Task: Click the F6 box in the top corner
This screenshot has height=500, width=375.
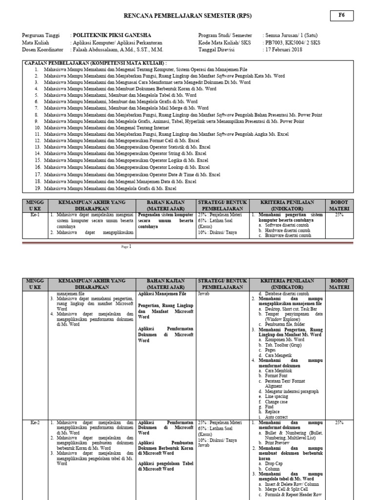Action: pos(341,16)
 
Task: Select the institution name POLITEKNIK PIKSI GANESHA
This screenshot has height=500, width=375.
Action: pos(112,36)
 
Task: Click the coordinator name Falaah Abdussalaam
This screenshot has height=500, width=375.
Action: pos(118,49)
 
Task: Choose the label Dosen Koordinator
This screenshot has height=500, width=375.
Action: pos(43,49)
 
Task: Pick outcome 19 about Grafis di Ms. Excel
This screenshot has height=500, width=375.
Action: pos(110,188)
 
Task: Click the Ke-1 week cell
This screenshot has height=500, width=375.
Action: pos(35,214)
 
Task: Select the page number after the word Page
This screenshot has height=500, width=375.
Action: pos(131,247)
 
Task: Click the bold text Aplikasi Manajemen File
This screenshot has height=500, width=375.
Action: pos(162,294)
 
